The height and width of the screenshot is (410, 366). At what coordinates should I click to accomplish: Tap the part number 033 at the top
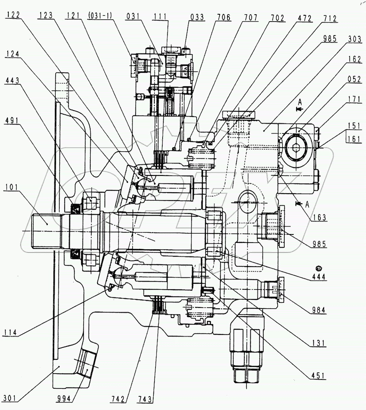[x=197, y=17]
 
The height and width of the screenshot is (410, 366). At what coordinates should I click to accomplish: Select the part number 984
[x=319, y=309]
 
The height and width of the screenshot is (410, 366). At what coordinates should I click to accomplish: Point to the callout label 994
[x=64, y=399]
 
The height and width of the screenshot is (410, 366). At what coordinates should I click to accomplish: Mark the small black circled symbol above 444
[x=318, y=268]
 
